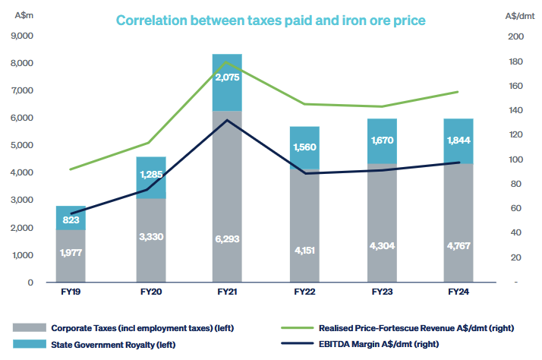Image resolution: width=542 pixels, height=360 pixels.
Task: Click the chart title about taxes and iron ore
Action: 270,21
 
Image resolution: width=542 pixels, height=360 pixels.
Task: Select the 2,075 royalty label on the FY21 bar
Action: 227,77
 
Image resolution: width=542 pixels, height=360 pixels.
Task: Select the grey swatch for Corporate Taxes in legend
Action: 29,327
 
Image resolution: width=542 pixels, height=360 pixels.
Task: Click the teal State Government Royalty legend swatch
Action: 29,343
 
